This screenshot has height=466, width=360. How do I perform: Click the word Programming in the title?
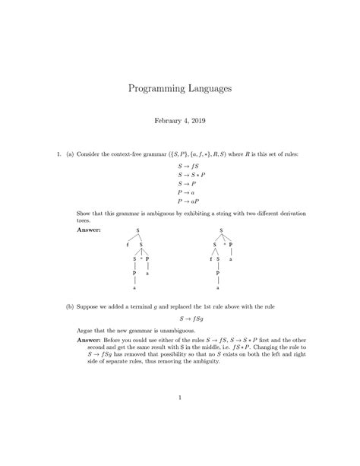(x=153, y=90)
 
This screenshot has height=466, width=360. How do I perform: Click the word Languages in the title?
(x=207, y=90)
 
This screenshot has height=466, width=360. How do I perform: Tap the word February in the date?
(x=169, y=121)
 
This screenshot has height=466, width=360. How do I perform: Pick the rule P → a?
(x=186, y=193)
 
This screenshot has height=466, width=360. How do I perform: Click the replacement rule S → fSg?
(x=189, y=319)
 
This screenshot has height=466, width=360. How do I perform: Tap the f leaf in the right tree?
(x=210, y=259)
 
